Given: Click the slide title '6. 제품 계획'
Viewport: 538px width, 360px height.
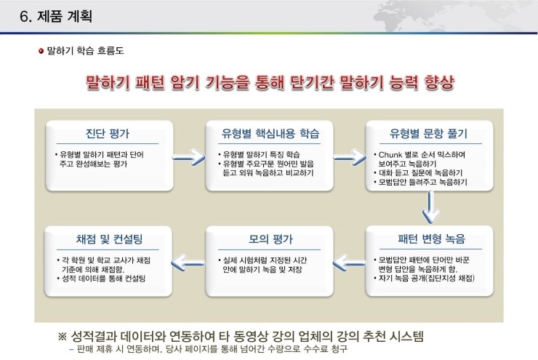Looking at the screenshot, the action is (x=56, y=17).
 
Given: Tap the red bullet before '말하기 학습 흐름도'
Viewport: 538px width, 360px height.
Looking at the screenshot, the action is (x=41, y=51).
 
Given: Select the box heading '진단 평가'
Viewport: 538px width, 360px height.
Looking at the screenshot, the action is (x=108, y=134).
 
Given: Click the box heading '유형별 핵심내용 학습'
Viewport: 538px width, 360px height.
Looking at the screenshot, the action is (x=270, y=134).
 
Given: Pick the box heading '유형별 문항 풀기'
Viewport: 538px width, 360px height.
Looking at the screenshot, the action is (x=428, y=134).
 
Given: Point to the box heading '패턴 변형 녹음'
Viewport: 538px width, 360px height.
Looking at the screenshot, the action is (x=431, y=239).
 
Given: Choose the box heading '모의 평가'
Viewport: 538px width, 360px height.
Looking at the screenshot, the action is (x=270, y=239).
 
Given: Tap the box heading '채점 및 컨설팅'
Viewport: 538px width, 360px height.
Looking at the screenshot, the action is (x=109, y=239).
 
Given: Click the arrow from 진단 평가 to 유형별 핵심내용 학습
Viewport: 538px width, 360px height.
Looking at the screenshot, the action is (x=189, y=157).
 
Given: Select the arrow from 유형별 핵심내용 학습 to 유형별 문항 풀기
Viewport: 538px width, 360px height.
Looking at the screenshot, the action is (x=350, y=158).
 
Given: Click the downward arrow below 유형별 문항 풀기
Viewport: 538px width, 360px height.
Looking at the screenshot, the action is (x=430, y=207).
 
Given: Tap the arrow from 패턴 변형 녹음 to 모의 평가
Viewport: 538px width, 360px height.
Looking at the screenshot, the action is (x=349, y=263).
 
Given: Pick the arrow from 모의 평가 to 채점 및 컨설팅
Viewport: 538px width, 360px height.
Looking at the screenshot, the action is (x=188, y=263).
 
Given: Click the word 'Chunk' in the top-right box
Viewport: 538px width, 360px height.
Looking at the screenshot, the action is (x=390, y=155).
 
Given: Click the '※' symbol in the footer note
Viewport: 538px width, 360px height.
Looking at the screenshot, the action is (x=62, y=336).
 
